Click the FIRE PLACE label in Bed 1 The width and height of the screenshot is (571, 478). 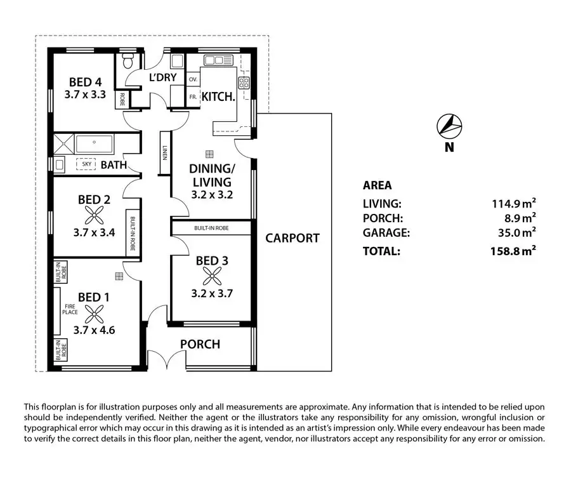pyautogui.click(x=70, y=310)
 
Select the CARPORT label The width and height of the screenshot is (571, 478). pyautogui.click(x=292, y=238)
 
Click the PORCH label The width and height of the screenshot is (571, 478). pyautogui.click(x=200, y=345)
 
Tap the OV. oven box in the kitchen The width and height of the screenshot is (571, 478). pyautogui.click(x=193, y=80)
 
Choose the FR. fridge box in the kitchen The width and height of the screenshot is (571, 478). pyautogui.click(x=193, y=97)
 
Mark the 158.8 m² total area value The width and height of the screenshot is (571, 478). pyautogui.click(x=513, y=251)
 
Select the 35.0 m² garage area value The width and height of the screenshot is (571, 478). pyautogui.click(x=515, y=233)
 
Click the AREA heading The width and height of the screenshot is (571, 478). pyautogui.click(x=377, y=186)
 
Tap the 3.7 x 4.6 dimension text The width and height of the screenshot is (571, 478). pyautogui.click(x=94, y=329)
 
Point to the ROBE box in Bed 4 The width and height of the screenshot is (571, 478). pyautogui.click(x=121, y=99)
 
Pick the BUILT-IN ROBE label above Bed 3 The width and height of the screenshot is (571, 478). pyautogui.click(x=213, y=227)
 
